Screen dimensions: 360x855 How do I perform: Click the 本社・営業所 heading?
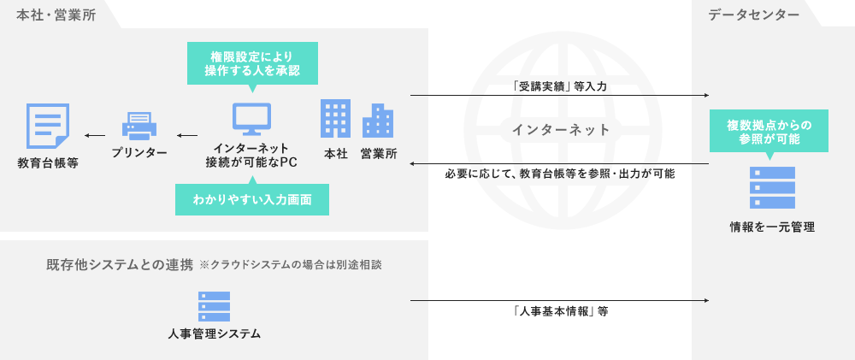[56, 15]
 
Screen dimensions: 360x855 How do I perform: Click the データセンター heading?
[753, 15]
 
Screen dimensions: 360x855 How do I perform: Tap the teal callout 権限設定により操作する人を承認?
[252, 62]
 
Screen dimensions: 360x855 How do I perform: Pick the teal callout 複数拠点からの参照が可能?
[769, 131]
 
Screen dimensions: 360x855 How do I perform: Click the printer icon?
[139, 126]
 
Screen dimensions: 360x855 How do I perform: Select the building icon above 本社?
[335, 119]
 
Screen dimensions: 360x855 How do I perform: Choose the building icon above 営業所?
[378, 121]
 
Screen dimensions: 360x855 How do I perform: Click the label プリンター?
[139, 152]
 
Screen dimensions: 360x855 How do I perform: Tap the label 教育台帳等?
[48, 162]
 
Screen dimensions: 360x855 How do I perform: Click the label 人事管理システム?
[214, 333]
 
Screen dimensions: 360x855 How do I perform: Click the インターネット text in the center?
[561, 130]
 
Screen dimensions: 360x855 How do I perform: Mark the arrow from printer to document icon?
[94, 135]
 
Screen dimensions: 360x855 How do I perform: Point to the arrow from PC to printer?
[186, 135]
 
